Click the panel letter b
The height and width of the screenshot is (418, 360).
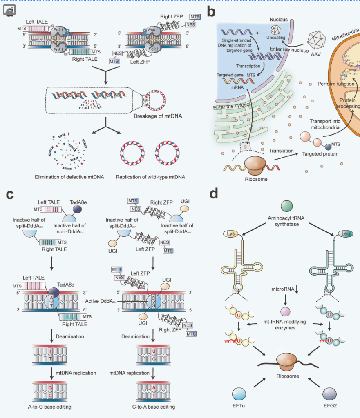coord(211,11)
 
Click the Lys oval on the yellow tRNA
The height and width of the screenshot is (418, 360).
coord(230,234)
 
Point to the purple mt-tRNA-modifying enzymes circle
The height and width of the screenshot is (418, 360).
coord(286,312)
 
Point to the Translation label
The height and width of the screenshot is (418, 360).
coord(281,151)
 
